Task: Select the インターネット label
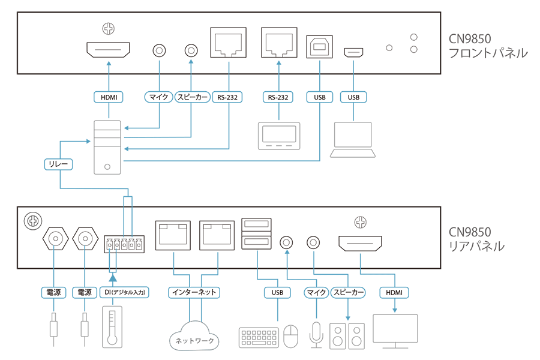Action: [x=190, y=293]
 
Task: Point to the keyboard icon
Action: [x=259, y=337]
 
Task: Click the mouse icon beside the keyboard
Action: [x=291, y=337]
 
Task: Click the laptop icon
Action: [x=353, y=139]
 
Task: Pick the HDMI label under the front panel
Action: [x=109, y=97]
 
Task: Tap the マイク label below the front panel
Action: [x=158, y=97]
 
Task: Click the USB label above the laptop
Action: [x=353, y=97]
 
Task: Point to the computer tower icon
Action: [x=109, y=148]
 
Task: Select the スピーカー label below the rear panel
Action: [x=348, y=293]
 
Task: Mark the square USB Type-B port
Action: [x=319, y=47]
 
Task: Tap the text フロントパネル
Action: [x=488, y=53]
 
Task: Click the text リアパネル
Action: [x=477, y=246]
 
